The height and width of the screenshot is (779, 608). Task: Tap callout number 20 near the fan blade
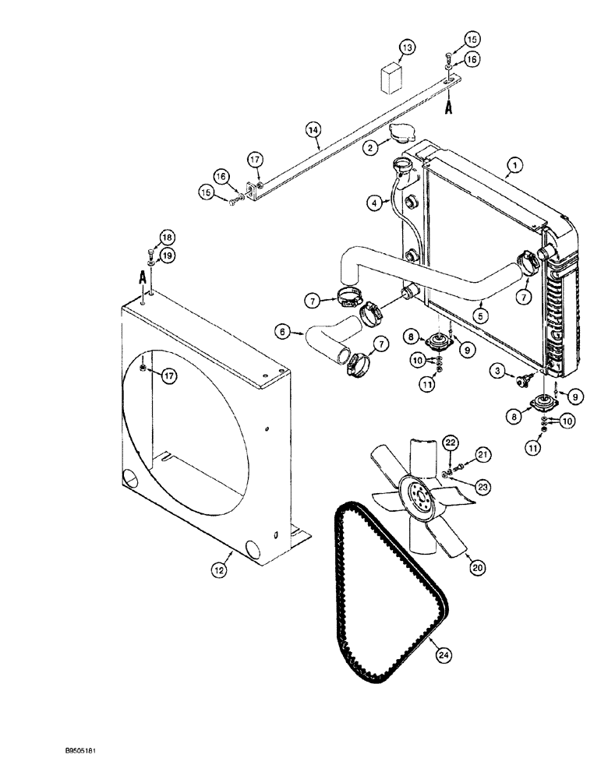click(476, 569)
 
